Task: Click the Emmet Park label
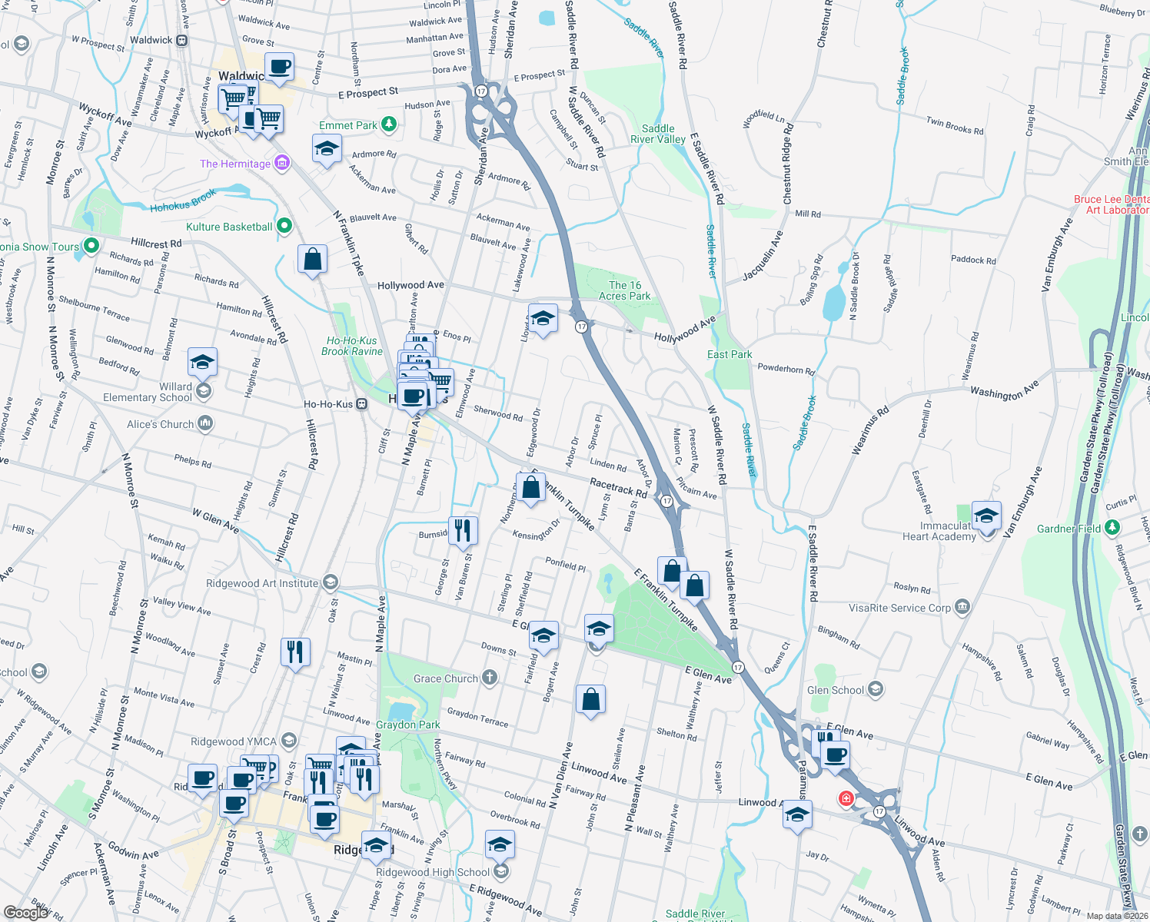coord(348,125)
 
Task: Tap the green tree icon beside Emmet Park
coord(389,124)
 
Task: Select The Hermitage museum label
coord(234,164)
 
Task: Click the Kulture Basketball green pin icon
coord(284,226)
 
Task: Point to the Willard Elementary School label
coord(148,392)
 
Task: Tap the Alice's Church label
coord(160,424)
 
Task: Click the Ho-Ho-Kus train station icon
coord(361,404)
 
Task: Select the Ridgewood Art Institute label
coord(261,583)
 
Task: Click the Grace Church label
coord(445,678)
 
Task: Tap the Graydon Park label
coord(408,725)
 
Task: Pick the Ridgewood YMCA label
coord(233,741)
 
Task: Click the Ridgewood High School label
coord(432,872)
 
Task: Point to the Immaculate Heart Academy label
coord(939,531)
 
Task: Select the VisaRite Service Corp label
coord(899,608)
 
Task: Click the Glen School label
coord(836,690)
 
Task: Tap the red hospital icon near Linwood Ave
coord(846,798)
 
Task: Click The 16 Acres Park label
coord(624,290)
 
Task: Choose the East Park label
coord(730,354)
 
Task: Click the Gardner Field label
coord(1069,529)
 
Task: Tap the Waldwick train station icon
coord(182,41)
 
